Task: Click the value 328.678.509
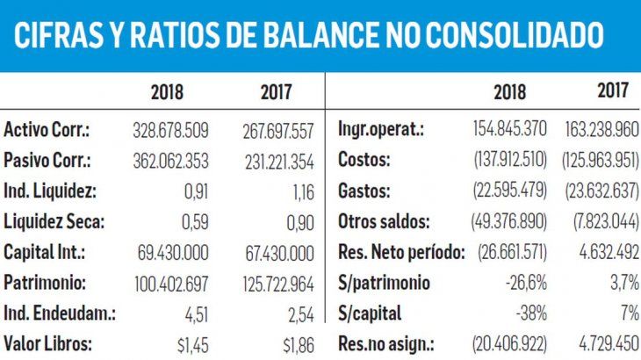[x=170, y=130]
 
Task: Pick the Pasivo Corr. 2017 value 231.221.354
[x=277, y=162]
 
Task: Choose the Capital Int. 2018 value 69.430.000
[x=174, y=253]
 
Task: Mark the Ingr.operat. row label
[x=381, y=130]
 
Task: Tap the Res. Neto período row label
[x=400, y=253]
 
